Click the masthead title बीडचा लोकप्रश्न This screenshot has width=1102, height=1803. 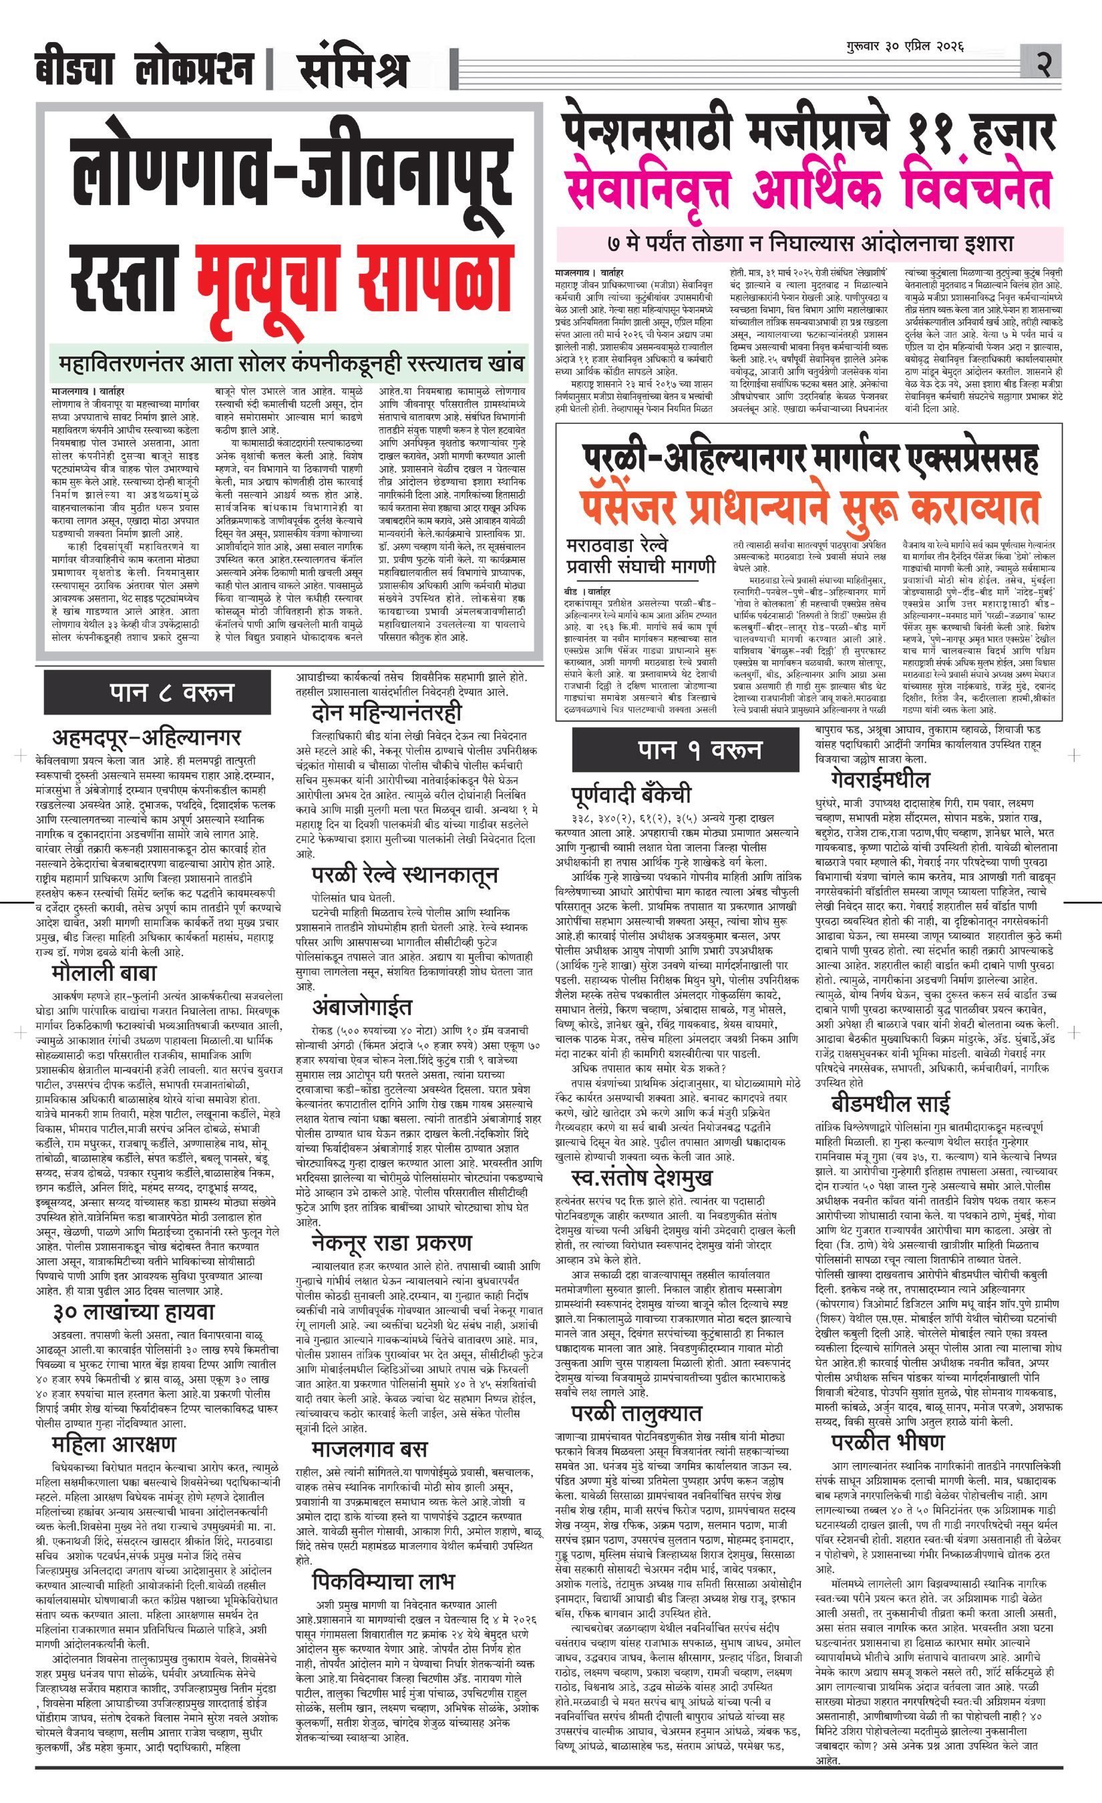(144, 70)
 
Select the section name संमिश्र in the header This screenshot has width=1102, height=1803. (353, 70)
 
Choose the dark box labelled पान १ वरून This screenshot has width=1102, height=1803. (699, 750)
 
